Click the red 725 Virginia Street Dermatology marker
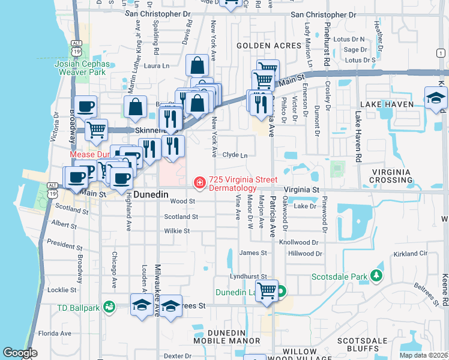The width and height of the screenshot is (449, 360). pyautogui.click(x=198, y=182)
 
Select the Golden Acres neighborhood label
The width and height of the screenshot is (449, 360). pyautogui.click(x=268, y=46)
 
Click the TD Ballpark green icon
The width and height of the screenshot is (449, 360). pyautogui.click(x=109, y=307)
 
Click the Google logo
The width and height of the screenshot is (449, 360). pyautogui.click(x=20, y=353)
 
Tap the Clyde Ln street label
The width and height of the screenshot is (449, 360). pyautogui.click(x=235, y=155)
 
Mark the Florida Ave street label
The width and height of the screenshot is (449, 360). pyautogui.click(x=55, y=333)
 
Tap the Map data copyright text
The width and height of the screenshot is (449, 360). pyautogui.click(x=423, y=355)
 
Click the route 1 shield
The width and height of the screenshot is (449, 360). pyautogui.click(x=441, y=53)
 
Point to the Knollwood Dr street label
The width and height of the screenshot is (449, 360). pyautogui.click(x=306, y=242)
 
